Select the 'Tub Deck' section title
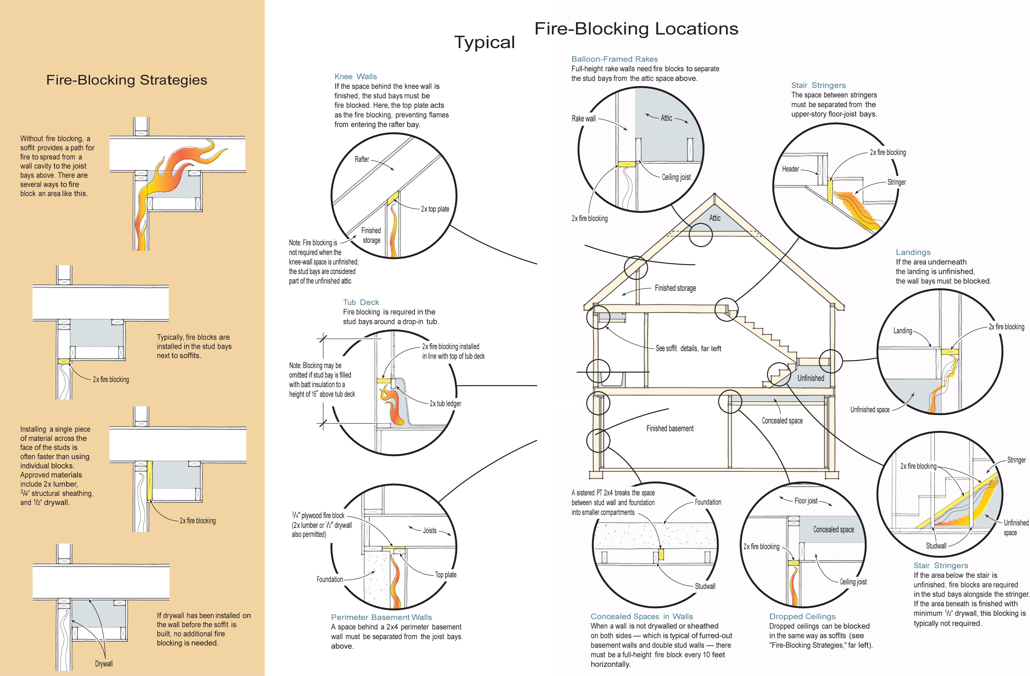361,302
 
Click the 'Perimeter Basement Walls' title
381,617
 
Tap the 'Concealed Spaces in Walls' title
641,616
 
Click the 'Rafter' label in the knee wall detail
362,159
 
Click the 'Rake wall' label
583,118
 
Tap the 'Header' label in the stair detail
790,169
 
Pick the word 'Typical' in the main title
484,42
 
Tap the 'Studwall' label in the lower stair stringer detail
936,546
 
